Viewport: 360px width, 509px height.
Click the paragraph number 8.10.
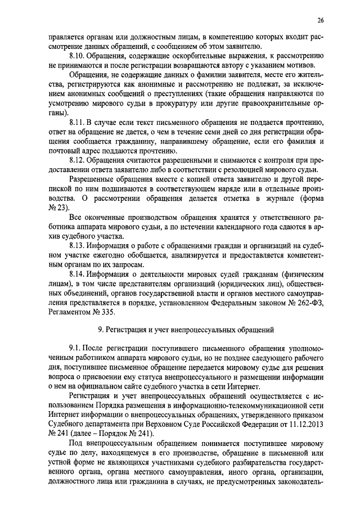coord(78,57)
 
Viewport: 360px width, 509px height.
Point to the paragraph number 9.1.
coord(75,350)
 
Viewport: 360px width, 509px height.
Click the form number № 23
coord(57,208)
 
